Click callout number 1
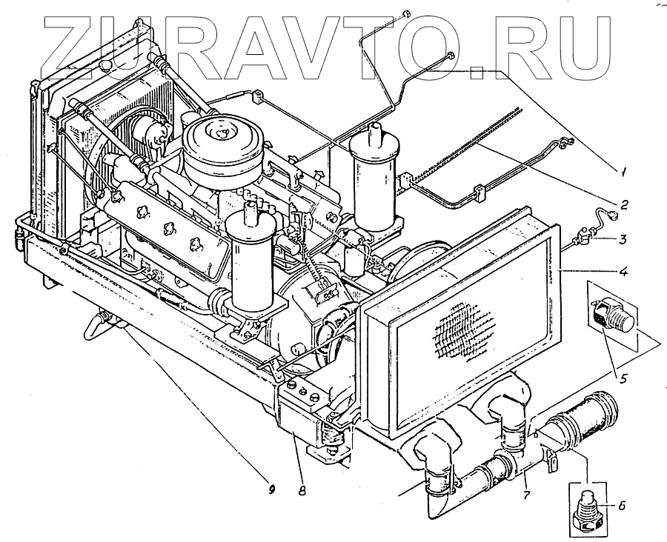625,173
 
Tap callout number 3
625,239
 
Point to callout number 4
625,272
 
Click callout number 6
621,506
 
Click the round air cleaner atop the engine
222,144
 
